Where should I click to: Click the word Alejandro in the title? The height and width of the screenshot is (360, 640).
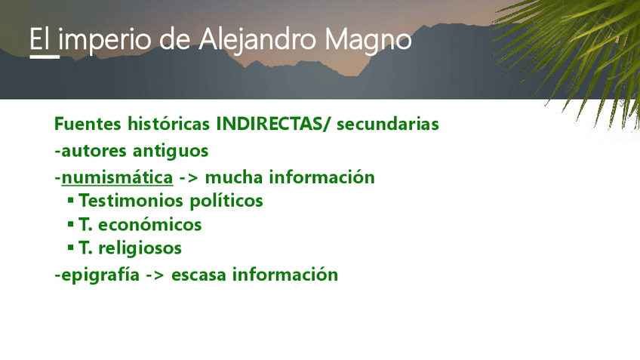tap(257, 41)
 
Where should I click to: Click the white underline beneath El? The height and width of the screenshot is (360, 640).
tap(45, 57)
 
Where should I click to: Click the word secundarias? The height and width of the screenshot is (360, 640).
tap(388, 124)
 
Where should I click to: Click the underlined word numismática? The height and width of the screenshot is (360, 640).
tap(117, 177)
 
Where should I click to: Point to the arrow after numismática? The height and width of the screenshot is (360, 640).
tap(189, 178)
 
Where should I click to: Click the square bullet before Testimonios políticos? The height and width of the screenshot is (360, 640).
tap(71, 201)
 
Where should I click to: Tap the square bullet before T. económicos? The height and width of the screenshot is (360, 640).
tap(71, 224)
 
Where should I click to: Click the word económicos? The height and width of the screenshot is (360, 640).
tap(150, 224)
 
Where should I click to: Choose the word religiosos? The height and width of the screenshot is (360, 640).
tap(140, 248)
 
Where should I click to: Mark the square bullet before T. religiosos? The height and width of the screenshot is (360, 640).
tap(71, 248)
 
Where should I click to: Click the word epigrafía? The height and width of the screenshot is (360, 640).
tap(100, 275)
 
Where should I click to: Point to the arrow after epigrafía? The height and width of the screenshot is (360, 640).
tap(155, 275)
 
